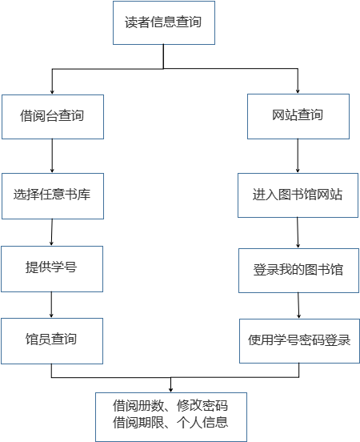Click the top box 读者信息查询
point(164,23)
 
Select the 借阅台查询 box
point(53,117)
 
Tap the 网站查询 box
point(298,116)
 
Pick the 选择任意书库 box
point(53,196)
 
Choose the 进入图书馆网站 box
point(298,195)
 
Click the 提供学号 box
point(52,269)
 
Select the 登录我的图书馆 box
point(298,271)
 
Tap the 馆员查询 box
point(52,341)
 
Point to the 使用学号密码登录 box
point(299,341)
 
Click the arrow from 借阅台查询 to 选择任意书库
point(52,155)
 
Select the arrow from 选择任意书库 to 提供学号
point(52,232)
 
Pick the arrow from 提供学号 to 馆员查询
point(51,305)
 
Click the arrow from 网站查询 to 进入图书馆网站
point(298,155)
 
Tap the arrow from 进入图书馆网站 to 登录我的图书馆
point(298,232)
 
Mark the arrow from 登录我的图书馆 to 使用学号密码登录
point(298,306)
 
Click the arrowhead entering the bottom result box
point(170,390)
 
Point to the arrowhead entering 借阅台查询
point(52,91)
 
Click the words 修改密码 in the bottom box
point(202,406)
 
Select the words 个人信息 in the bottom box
point(202,422)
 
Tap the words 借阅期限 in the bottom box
point(138,422)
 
